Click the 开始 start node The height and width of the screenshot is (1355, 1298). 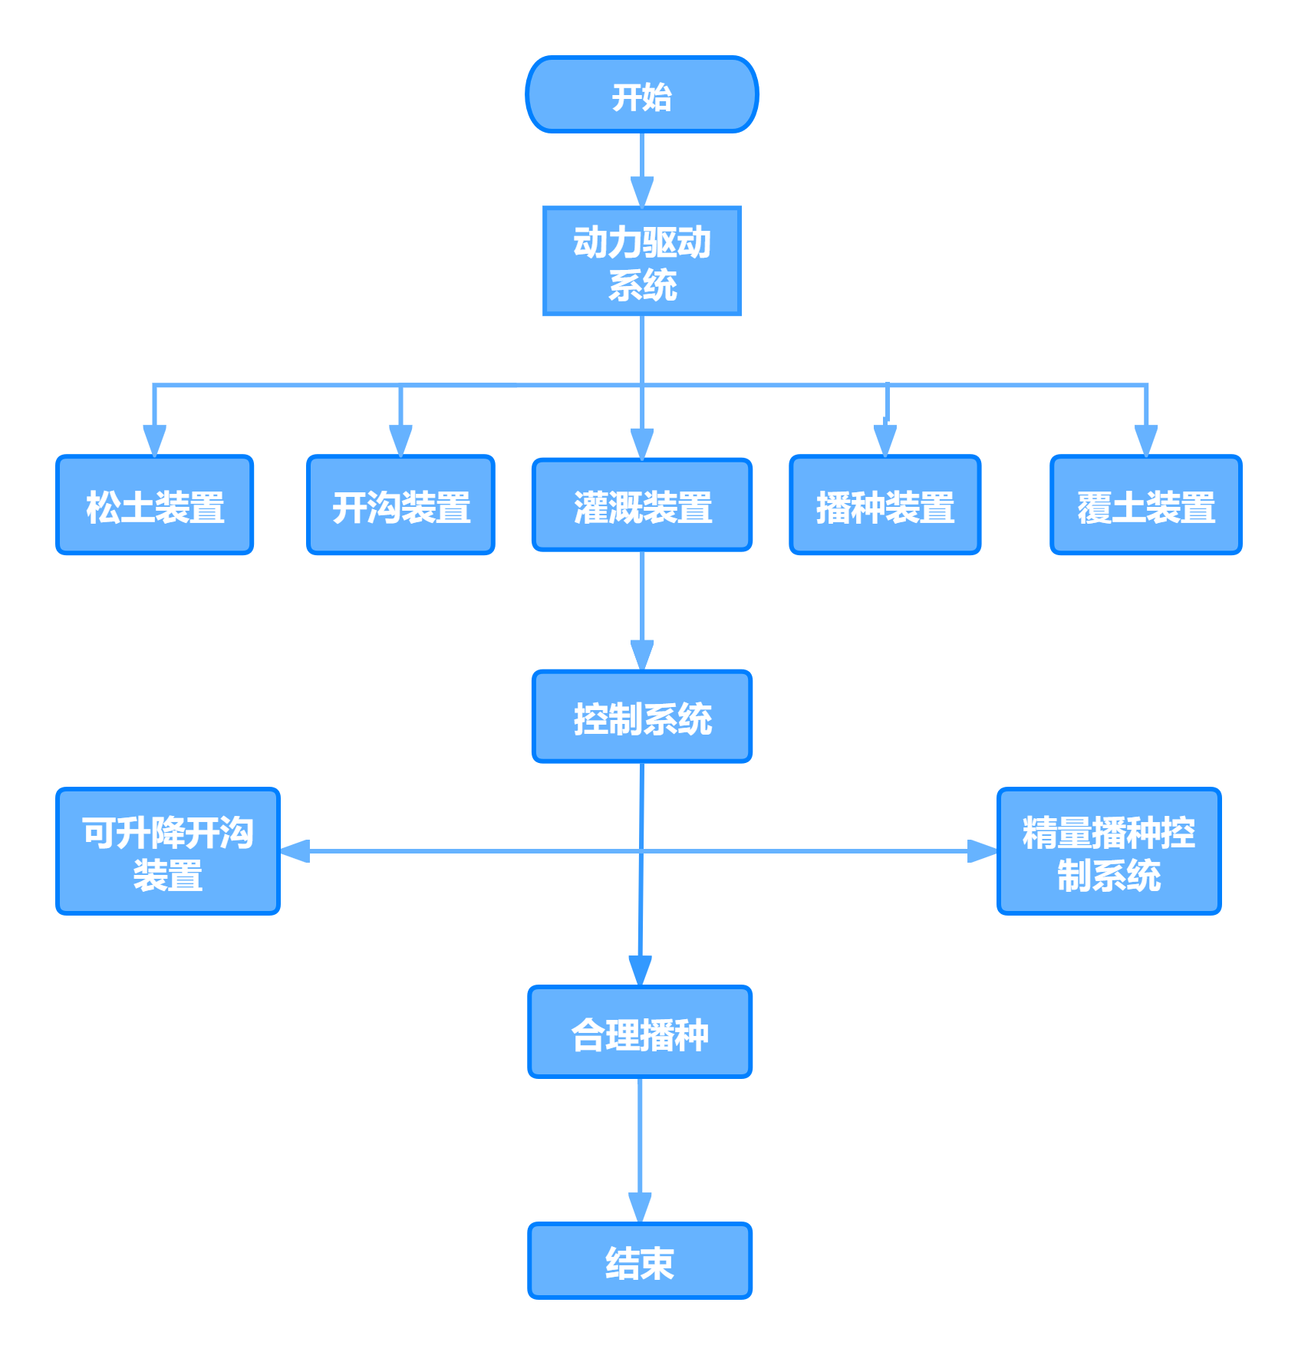coord(641,94)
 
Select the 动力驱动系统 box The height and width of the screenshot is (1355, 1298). coord(641,261)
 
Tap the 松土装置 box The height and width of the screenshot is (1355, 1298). coord(154,505)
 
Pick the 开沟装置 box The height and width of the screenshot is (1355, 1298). coord(400,505)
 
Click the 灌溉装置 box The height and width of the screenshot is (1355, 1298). coord(641,505)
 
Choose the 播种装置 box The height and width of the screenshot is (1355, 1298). coord(885,505)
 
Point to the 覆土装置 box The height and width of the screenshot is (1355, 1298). coord(1145,505)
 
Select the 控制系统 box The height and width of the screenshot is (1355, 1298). coord(641,717)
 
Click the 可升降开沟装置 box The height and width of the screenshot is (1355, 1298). coord(168,851)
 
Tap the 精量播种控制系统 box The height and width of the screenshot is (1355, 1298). coord(1109,851)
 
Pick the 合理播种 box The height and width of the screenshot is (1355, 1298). coord(640,1032)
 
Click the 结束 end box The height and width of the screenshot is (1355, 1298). coord(640,1261)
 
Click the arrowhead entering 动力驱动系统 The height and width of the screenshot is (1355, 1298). coord(641,192)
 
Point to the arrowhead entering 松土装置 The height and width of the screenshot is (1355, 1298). coord(154,441)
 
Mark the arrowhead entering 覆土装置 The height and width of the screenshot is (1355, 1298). coord(1145,441)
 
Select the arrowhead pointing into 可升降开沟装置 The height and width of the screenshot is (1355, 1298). coord(295,851)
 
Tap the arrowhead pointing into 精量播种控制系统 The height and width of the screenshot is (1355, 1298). coord(982,851)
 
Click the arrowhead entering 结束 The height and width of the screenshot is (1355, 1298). coord(640,1208)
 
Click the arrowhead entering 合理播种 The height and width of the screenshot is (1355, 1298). coord(640,971)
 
